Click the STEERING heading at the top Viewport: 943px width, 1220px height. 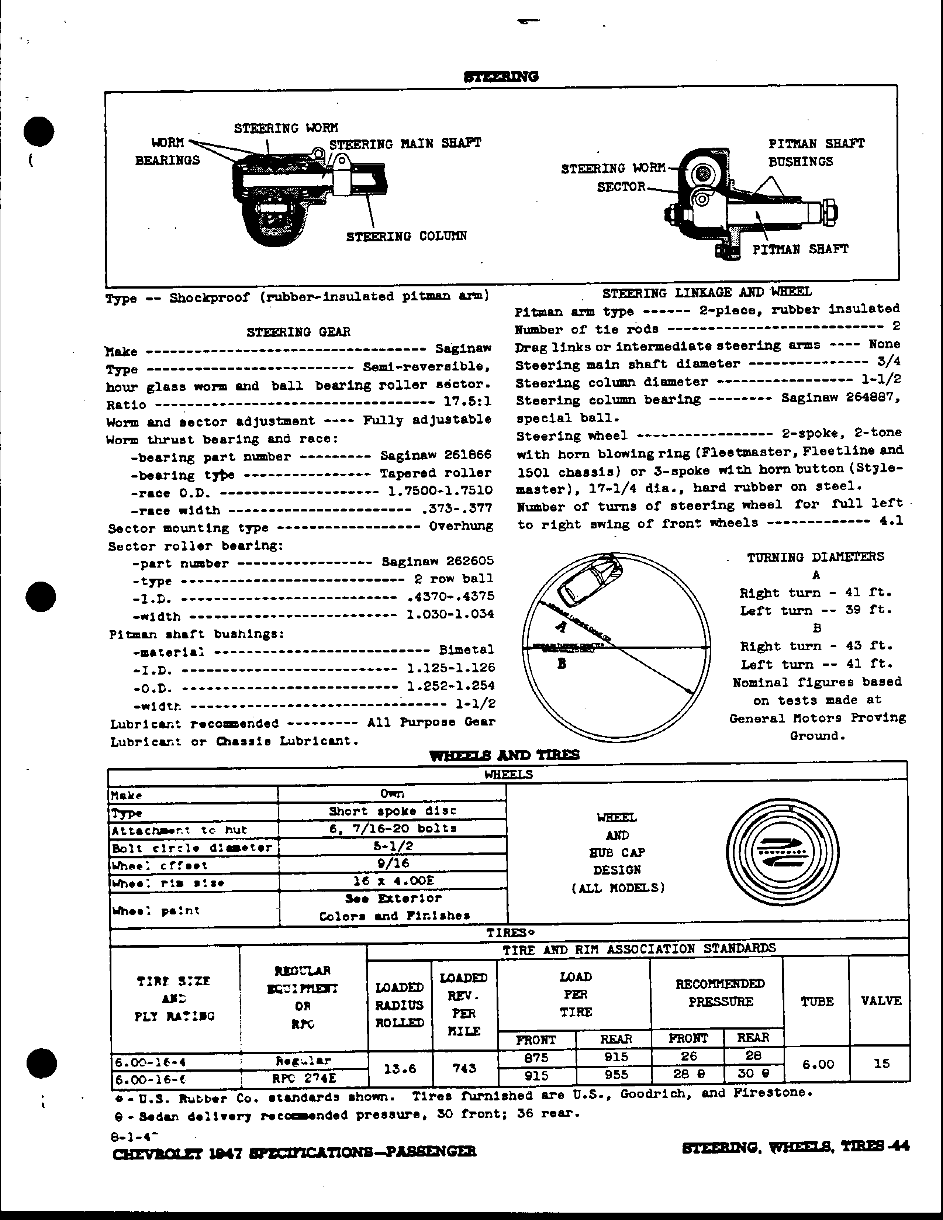(x=501, y=76)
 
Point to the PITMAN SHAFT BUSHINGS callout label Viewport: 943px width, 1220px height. (x=816, y=152)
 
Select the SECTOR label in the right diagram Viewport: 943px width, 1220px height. (x=621, y=187)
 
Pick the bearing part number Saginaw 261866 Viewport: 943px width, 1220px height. (x=435, y=455)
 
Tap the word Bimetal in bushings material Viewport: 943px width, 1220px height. (x=466, y=649)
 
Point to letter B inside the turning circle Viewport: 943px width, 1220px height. (x=562, y=664)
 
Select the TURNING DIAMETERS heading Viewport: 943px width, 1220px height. (x=815, y=557)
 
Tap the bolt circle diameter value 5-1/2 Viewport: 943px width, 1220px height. (x=393, y=846)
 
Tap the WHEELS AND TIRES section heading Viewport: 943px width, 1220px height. (x=504, y=755)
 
